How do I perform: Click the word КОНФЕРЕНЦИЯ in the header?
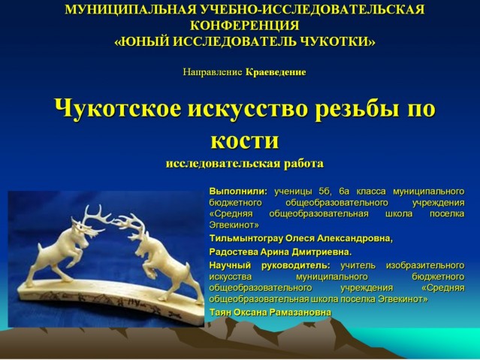245,26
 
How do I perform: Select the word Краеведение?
276,72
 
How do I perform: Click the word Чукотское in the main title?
117,109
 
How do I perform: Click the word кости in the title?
245,141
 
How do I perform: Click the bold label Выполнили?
238,192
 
